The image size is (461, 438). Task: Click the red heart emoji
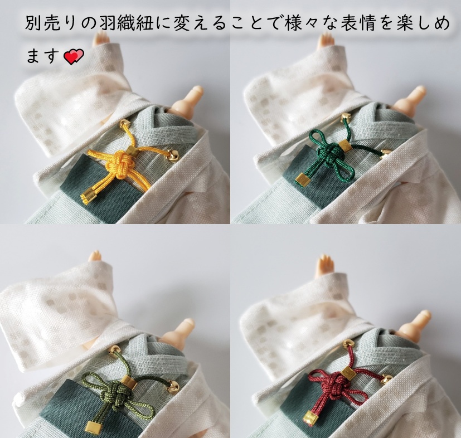click(73, 56)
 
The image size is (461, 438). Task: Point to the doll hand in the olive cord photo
click(96, 256)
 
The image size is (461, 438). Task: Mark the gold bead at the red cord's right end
click(385, 379)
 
